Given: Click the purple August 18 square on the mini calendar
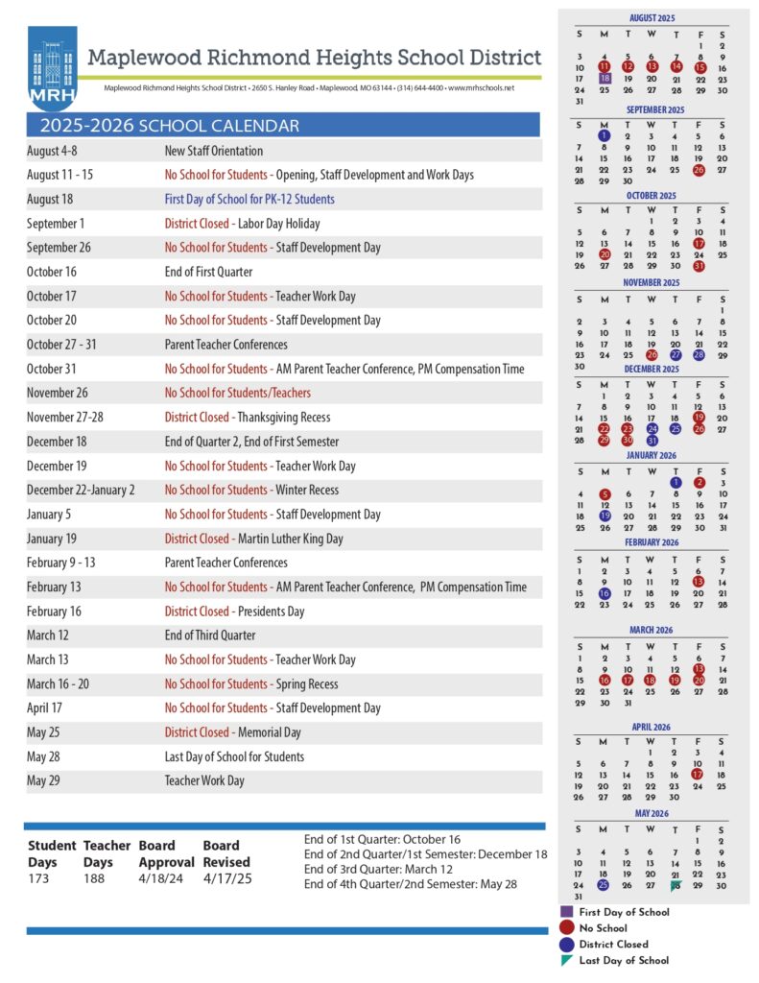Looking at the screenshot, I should (x=605, y=79).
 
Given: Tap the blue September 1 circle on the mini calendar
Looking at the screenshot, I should (x=605, y=136).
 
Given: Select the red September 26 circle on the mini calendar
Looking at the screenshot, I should (x=699, y=170).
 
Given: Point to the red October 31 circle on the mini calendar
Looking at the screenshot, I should (x=699, y=266).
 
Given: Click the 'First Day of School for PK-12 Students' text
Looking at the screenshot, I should (x=249, y=200).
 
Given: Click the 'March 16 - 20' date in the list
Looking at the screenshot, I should (x=62, y=683).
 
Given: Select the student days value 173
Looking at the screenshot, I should (x=38, y=878).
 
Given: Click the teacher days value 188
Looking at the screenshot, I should (x=94, y=878).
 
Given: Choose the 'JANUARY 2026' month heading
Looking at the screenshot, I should (x=652, y=455).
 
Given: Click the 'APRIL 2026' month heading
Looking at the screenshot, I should (x=652, y=727).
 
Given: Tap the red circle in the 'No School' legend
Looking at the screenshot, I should (x=567, y=928).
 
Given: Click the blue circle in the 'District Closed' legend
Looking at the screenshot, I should (x=567, y=945).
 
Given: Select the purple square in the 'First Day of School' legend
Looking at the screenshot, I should (x=567, y=912).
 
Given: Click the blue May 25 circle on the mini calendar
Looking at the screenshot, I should (x=604, y=885).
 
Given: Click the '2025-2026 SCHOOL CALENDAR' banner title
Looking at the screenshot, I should (x=170, y=126).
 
